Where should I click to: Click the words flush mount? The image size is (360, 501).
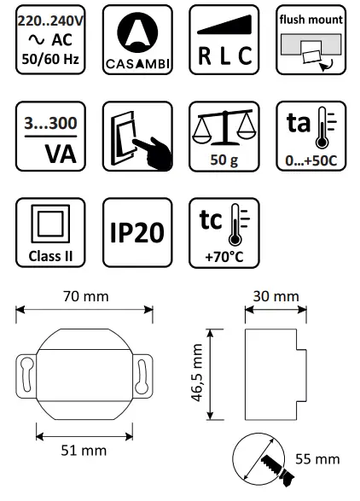coord(309,20)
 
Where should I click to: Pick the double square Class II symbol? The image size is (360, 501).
coord(50,225)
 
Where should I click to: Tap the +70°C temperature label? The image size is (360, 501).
coord(222,254)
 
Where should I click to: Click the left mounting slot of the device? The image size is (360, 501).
coord(31,376)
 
